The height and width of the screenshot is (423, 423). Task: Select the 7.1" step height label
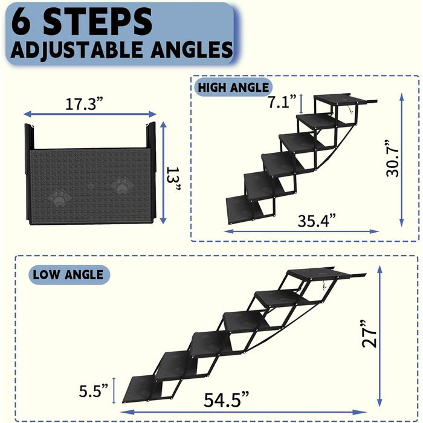pyautogui.click(x=282, y=102)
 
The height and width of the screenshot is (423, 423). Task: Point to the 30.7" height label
pyautogui.click(x=392, y=158)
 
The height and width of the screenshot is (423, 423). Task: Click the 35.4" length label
pyautogui.click(x=317, y=221)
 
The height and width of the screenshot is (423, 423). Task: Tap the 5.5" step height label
pyautogui.click(x=93, y=390)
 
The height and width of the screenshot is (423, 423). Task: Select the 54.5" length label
pyautogui.click(x=226, y=399)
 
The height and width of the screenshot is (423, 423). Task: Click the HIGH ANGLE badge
pyautogui.click(x=233, y=88)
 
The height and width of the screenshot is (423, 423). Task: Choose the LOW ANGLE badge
pyautogui.click(x=69, y=274)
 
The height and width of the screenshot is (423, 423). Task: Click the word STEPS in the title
pyautogui.click(x=97, y=21)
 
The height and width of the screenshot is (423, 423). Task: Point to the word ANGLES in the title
pyautogui.click(x=192, y=50)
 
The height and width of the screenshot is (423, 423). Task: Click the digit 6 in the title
pyautogui.click(x=22, y=21)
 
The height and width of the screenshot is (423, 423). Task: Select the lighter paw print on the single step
pyautogui.click(x=123, y=186)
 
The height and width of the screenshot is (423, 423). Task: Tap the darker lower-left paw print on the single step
pyautogui.click(x=61, y=199)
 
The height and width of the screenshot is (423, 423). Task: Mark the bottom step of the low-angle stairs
pyautogui.click(x=143, y=389)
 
